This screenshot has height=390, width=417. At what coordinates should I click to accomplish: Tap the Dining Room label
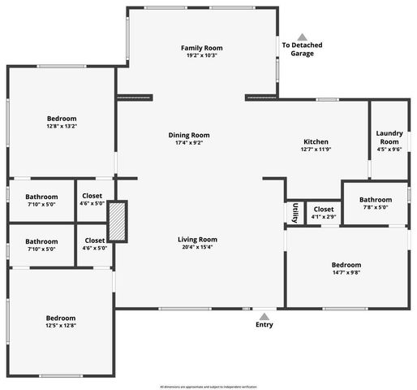[189, 135]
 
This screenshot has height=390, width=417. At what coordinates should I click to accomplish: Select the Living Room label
[198, 239]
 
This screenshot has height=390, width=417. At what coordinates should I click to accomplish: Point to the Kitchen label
[316, 141]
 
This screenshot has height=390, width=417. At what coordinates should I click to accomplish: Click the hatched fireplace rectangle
[118, 221]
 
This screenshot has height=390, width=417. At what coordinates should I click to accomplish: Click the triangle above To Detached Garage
[302, 37]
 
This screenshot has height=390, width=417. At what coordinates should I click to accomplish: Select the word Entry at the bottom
[264, 325]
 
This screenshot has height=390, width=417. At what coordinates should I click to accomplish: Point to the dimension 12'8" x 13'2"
[61, 127]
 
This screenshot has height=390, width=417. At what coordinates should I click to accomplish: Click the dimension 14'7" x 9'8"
[346, 274]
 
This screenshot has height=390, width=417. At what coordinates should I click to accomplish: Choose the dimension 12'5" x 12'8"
[61, 326]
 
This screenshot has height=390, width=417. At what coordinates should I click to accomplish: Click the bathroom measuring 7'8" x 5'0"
[376, 204]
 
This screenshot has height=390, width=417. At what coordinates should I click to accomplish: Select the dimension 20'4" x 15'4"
[198, 247]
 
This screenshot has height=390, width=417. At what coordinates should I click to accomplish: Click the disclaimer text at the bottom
[208, 386]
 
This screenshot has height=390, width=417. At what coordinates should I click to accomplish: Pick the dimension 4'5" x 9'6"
[389, 149]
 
